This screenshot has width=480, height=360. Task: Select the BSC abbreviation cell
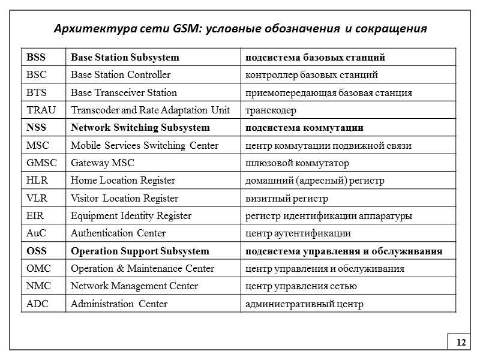click(37, 75)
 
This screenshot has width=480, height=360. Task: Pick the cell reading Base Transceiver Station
click(124, 92)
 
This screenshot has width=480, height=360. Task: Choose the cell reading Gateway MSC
click(103, 163)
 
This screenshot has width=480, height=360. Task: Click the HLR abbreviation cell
click(37, 181)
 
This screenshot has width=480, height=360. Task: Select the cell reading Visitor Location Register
click(124, 198)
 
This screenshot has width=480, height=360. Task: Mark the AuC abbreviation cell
click(37, 233)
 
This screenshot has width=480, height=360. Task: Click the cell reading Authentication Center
click(118, 233)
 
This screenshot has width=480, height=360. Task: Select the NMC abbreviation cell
click(38, 286)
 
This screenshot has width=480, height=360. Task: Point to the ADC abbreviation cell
click(37, 304)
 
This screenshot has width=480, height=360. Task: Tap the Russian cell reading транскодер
click(270, 110)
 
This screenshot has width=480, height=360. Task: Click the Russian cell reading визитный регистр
click(285, 198)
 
